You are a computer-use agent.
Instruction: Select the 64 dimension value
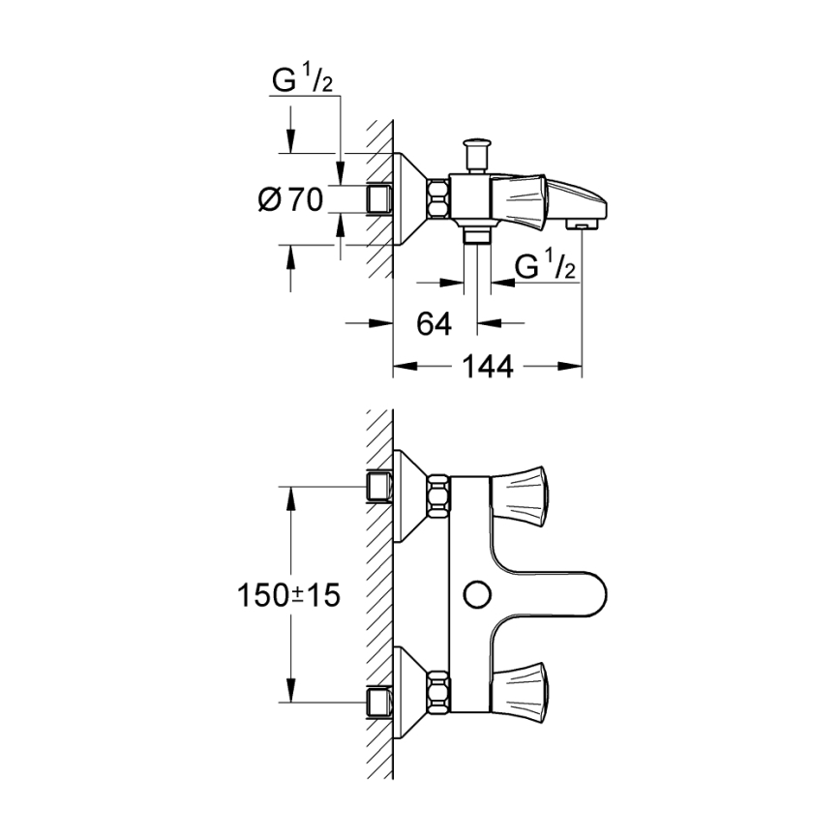[x=435, y=324]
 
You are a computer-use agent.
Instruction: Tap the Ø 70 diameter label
[x=290, y=200]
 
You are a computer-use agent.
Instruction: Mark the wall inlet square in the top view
[x=379, y=199]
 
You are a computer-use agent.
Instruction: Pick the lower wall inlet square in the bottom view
[x=379, y=701]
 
